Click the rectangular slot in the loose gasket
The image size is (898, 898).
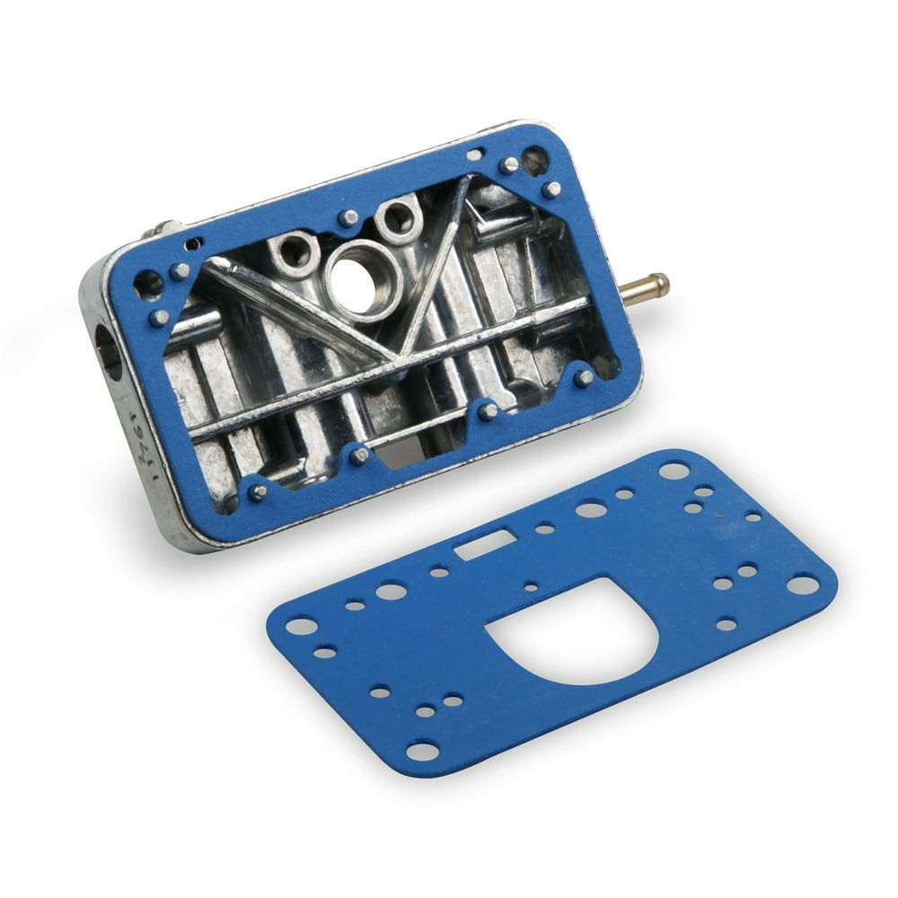pyautogui.click(x=485, y=544)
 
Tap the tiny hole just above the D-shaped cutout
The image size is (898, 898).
pyautogui.click(x=531, y=586)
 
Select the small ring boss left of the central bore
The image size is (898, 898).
pyautogui.click(x=295, y=252)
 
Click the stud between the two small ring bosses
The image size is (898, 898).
pyautogui.click(x=348, y=218)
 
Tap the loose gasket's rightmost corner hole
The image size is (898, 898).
pyautogui.click(x=802, y=585)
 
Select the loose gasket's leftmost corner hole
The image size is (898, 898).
pyautogui.click(x=303, y=626)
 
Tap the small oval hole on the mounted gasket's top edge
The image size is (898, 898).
pyautogui.click(x=473, y=155)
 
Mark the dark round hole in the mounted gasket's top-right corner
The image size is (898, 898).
pyautogui.click(x=534, y=160)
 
